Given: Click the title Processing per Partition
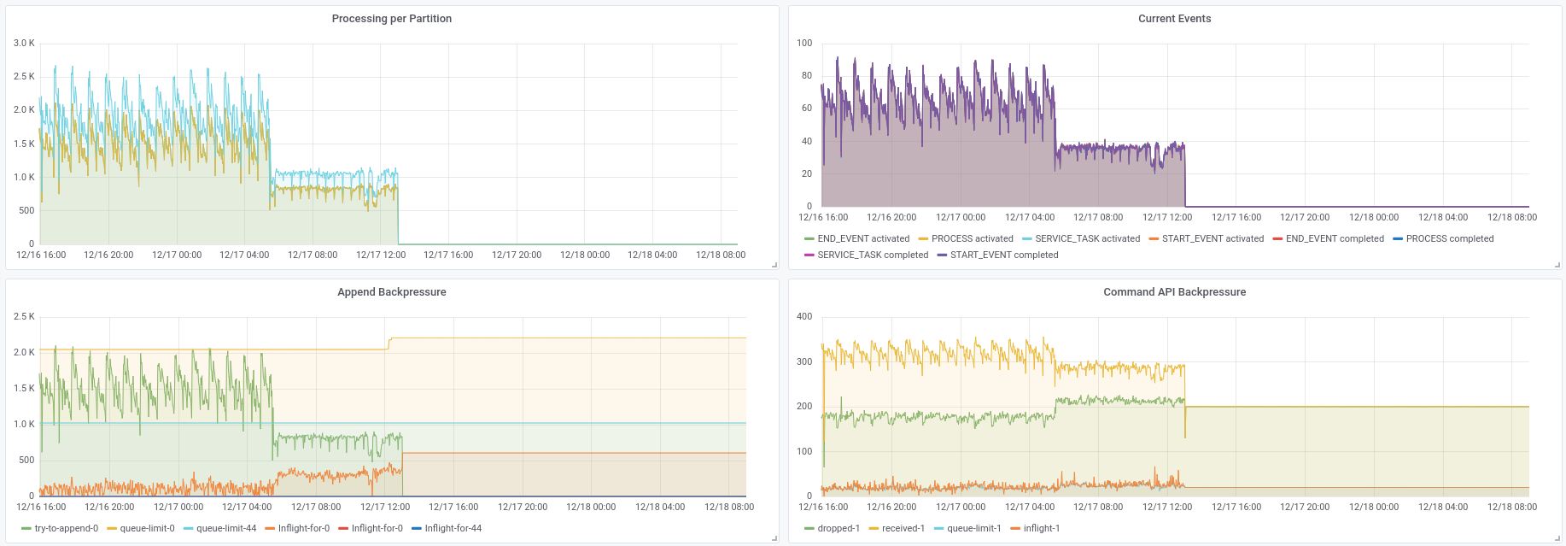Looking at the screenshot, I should [x=391, y=19].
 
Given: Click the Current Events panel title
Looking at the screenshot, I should [x=1174, y=19].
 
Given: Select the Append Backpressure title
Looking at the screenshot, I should [x=391, y=292].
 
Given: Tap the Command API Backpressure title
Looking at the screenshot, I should [x=1174, y=292].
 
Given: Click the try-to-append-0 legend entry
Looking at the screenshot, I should [x=66, y=528].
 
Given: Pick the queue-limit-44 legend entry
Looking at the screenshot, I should [x=226, y=528].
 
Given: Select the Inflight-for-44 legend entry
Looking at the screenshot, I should [x=453, y=528].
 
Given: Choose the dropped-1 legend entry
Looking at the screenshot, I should [x=839, y=528].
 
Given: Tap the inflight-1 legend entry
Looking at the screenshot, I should [x=1042, y=528].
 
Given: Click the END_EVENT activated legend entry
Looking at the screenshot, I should [x=863, y=238].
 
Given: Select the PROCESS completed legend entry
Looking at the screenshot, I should [x=1450, y=238].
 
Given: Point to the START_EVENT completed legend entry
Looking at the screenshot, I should [x=1004, y=255].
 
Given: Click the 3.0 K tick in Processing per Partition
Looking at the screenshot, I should [x=24, y=43].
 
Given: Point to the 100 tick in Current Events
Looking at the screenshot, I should [x=804, y=43].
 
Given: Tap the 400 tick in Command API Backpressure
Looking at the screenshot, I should [x=804, y=316].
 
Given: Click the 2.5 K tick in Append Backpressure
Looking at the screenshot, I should [x=24, y=316].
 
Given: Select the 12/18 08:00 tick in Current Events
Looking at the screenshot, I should [x=1512, y=217].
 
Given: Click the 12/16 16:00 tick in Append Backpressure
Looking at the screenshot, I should [x=41, y=507].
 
